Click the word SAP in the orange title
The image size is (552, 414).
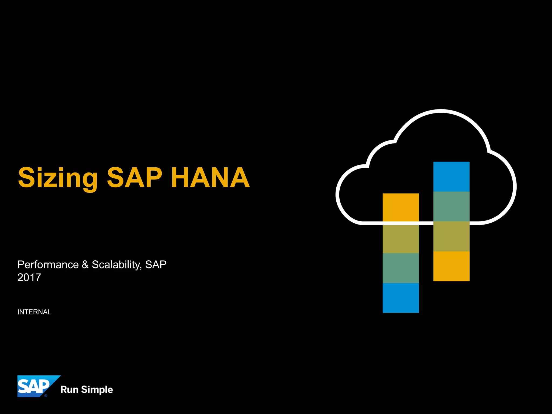[134, 177]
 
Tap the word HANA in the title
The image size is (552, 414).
[210, 177]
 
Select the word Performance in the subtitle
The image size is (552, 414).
[48, 265]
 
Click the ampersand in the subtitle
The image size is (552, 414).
[85, 265]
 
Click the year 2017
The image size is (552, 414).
[29, 277]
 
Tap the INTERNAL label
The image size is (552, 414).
[34, 312]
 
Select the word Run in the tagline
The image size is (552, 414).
[69, 389]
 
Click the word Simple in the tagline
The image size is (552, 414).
[97, 390]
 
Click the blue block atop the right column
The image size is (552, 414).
[451, 177]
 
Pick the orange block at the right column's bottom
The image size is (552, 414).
[451, 266]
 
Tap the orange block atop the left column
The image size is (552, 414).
[401, 208]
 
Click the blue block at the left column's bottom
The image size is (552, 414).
[401, 298]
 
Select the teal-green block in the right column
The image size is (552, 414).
[451, 206]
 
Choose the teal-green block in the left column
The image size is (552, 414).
[401, 268]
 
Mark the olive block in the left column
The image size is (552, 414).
[401, 239]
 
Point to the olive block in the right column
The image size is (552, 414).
[451, 236]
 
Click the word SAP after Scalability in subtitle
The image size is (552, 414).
[156, 265]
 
